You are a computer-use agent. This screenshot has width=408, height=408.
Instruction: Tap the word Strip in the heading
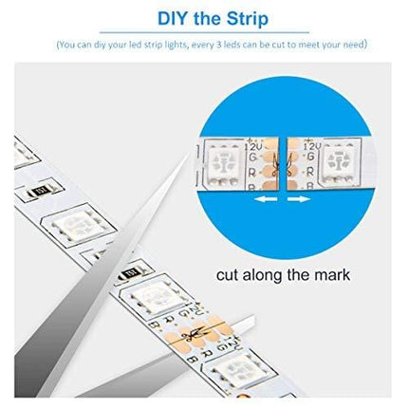click(239, 19)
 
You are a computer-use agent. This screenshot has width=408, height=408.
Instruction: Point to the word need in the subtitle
click(352, 45)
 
